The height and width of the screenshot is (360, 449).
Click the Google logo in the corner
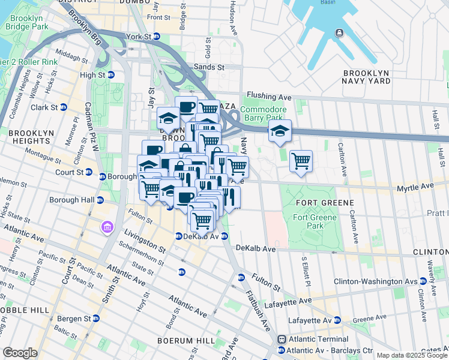coord(20,353)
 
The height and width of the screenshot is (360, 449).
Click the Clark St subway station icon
coord(63,107)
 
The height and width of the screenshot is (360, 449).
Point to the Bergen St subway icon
coord(95,317)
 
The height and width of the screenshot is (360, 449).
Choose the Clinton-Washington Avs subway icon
coord(423,281)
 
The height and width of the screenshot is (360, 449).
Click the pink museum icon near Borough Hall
coord(107,227)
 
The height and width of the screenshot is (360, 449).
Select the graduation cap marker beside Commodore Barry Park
coord(279,132)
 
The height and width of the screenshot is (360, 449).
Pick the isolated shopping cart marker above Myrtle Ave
coord(300,160)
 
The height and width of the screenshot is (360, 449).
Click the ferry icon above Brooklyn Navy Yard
coord(340,33)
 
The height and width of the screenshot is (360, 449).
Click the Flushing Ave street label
coord(269,96)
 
